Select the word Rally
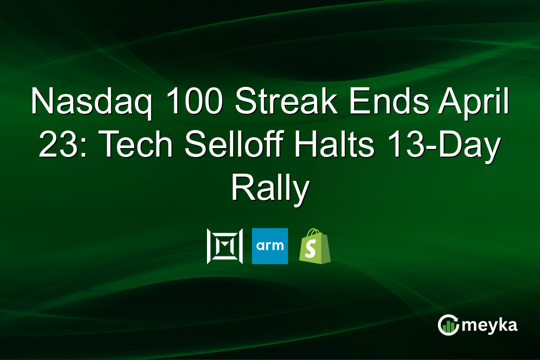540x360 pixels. click(270, 189)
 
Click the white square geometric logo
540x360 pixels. click(225, 246)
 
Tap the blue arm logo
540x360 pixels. click(270, 246)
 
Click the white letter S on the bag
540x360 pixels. click(313, 250)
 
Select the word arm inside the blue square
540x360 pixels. click(270, 246)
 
